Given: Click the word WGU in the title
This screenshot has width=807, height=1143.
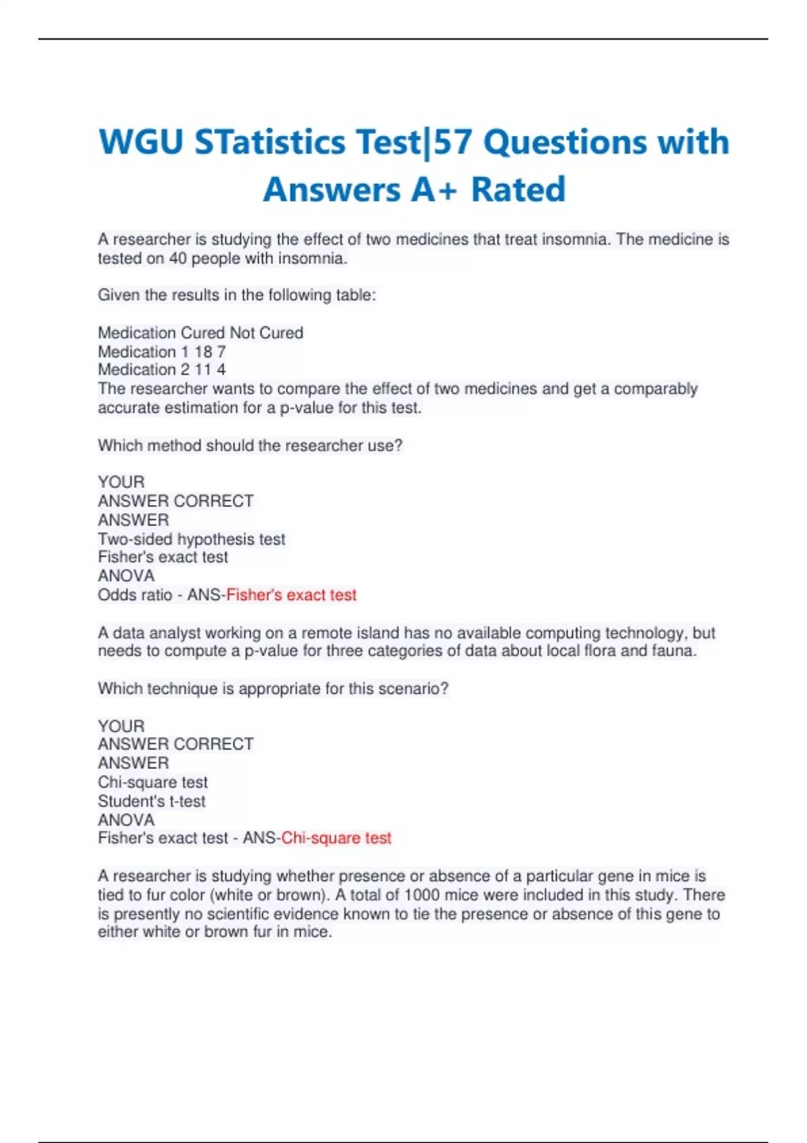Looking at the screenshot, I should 141,143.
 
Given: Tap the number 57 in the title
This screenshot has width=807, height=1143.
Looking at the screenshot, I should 454,143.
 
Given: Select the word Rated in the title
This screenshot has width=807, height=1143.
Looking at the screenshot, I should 518,190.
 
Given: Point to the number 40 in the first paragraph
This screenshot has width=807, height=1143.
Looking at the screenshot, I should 178,259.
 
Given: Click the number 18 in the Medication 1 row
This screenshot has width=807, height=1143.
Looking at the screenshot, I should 203,352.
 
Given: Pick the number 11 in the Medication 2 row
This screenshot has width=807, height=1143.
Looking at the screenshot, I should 203,370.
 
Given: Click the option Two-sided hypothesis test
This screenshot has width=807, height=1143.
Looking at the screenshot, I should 192,539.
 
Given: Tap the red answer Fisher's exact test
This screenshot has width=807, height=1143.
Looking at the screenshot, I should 291,595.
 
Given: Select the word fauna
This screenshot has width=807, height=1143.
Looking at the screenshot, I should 673,651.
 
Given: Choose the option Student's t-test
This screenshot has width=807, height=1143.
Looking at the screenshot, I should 151,801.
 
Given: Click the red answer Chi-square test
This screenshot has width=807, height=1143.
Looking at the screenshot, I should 336,838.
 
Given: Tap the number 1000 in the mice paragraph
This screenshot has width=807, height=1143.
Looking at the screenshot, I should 422,895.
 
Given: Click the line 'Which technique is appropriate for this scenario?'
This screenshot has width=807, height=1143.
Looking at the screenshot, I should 273,688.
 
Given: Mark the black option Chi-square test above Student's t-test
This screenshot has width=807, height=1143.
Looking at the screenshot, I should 153,783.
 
